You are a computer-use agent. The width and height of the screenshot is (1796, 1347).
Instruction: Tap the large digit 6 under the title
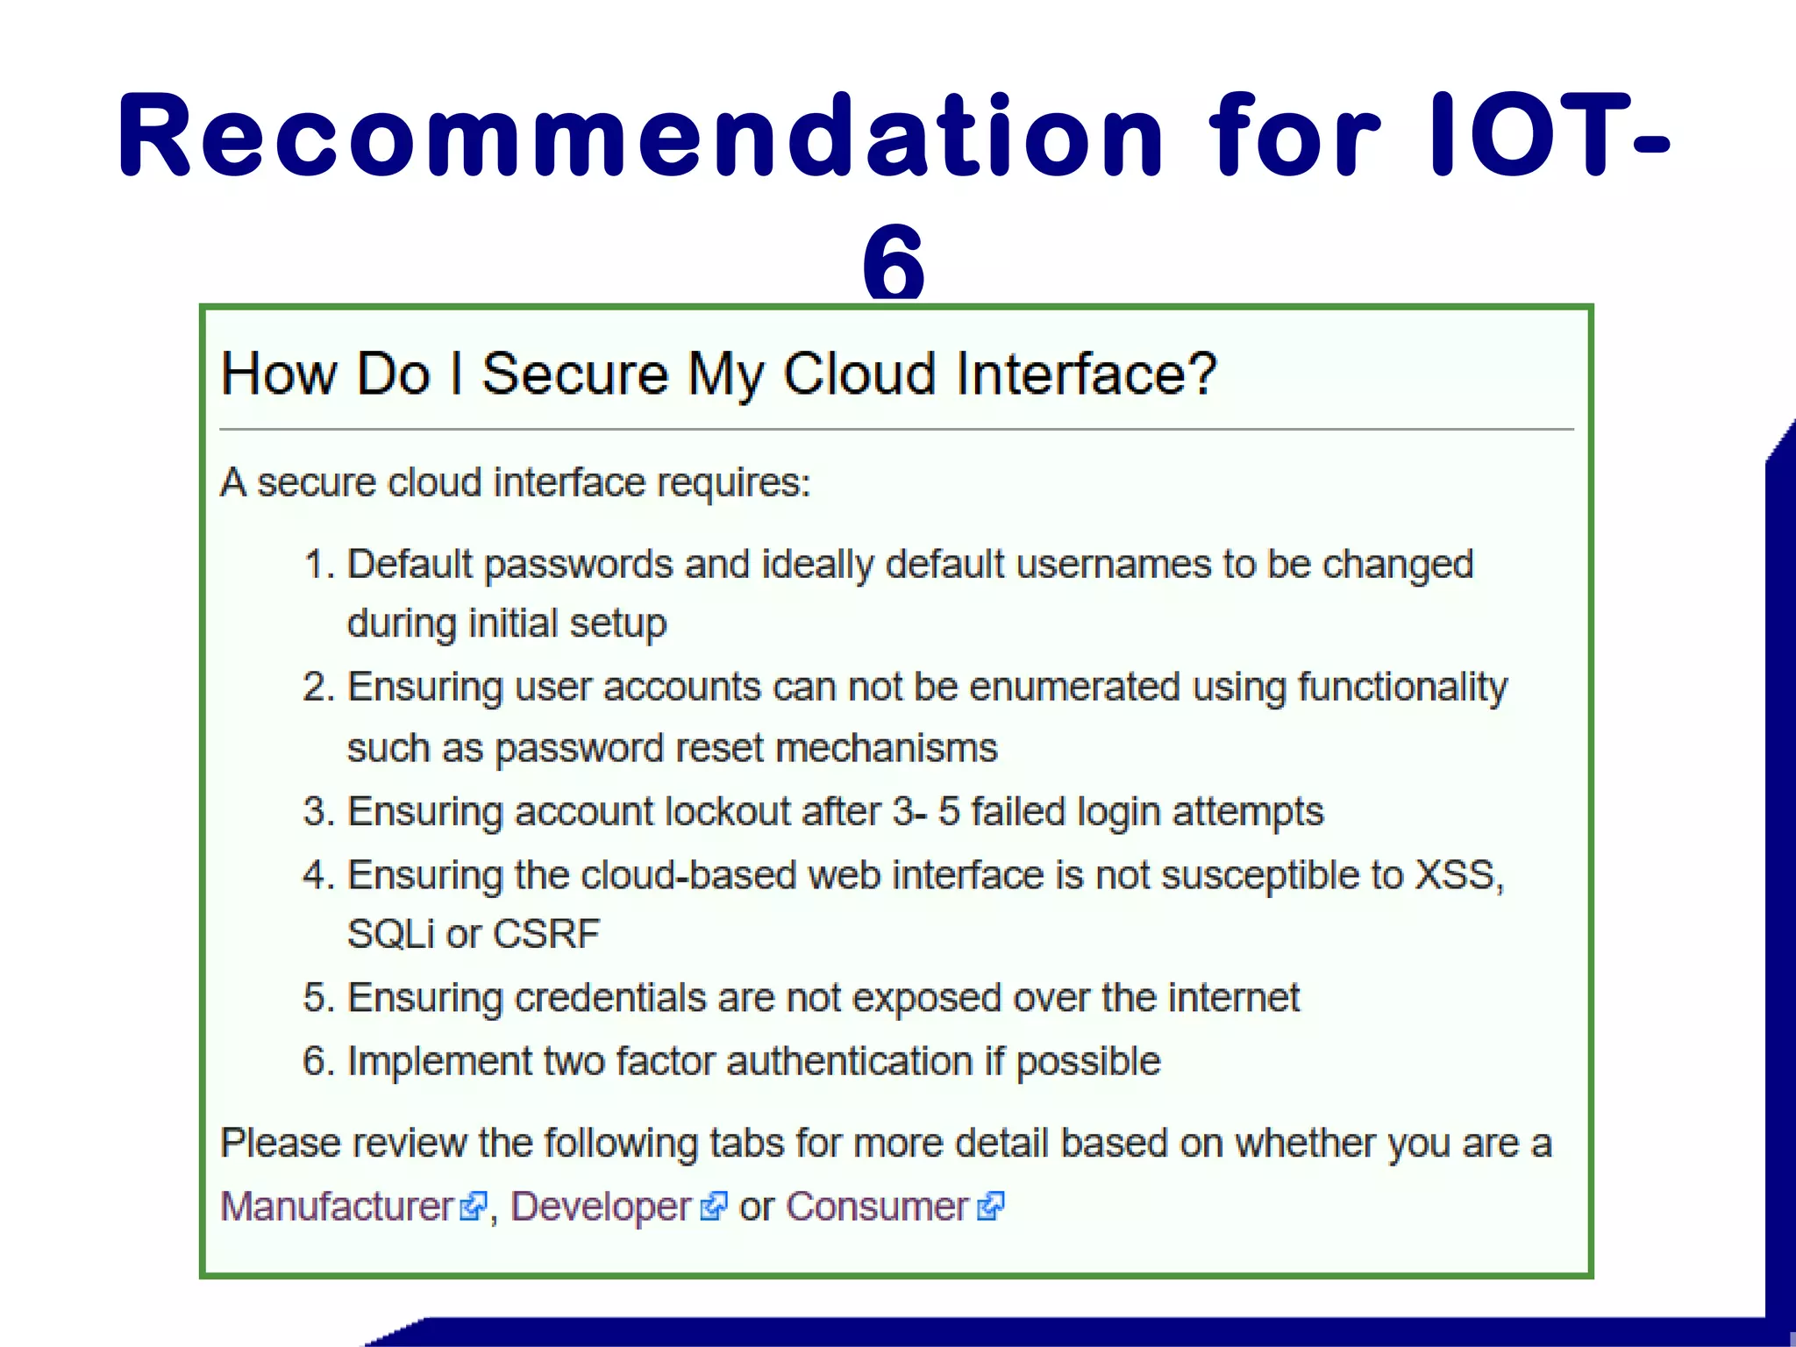click(893, 260)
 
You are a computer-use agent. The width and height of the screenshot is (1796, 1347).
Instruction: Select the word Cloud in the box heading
click(859, 374)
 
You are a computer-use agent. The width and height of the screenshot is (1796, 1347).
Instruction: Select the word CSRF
click(546, 935)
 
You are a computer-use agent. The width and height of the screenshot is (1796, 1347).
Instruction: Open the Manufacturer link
click(337, 1207)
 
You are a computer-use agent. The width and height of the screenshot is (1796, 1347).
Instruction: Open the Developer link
click(601, 1207)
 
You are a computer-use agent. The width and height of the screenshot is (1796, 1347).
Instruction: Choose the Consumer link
click(877, 1207)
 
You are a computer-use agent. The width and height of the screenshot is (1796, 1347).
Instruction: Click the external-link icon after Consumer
click(991, 1207)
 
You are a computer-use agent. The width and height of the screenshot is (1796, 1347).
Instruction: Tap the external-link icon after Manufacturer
click(473, 1207)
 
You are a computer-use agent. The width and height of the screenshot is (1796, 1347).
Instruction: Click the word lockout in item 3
click(728, 812)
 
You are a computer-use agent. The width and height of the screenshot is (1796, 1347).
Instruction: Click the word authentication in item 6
click(849, 1062)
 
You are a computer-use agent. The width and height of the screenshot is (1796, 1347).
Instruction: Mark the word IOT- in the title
click(1548, 136)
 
